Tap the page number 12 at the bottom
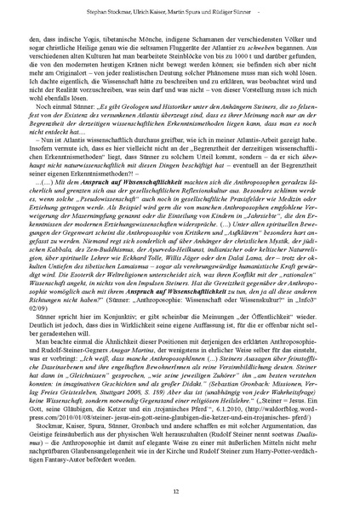pyautogui.click(x=180, y=490)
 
